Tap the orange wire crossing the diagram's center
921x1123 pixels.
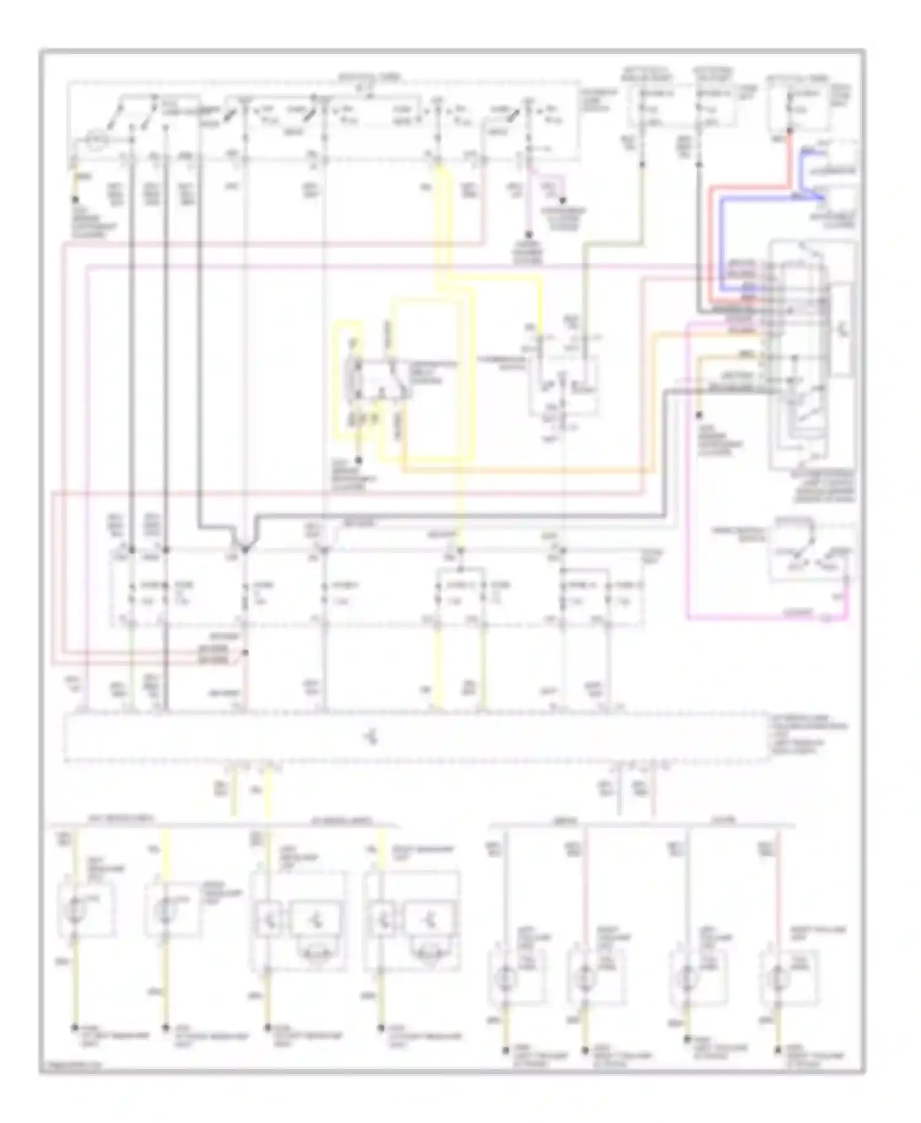click(x=528, y=472)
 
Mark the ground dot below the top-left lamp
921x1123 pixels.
click(x=76, y=200)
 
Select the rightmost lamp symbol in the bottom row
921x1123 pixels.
click(x=779, y=977)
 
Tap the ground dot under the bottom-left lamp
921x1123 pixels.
click(x=75, y=1027)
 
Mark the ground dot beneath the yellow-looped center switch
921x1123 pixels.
click(x=360, y=460)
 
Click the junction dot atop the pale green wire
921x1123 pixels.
click(x=642, y=165)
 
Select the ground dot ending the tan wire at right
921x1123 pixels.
click(x=699, y=415)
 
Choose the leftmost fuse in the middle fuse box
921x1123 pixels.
click(x=131, y=593)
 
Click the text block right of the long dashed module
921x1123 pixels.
click(x=807, y=735)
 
